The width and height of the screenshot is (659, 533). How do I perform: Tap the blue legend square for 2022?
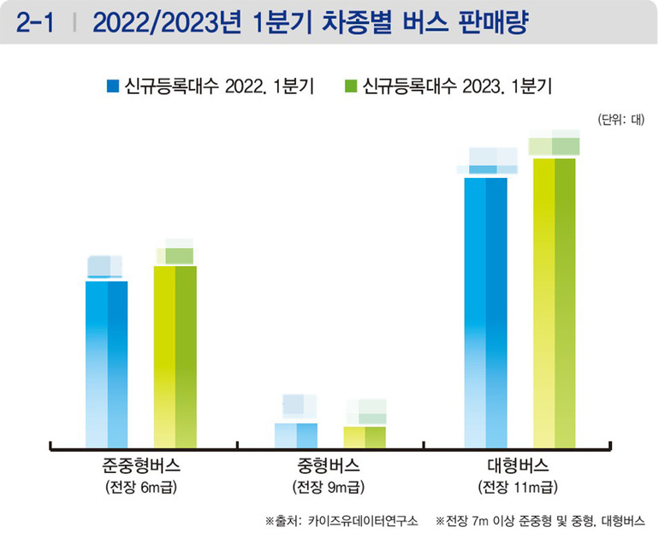coord(111,86)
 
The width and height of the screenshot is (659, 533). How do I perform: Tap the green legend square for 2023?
coord(349,86)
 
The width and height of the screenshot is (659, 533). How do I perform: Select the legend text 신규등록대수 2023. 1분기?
coord(457,86)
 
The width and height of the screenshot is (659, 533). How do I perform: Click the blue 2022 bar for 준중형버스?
coord(107,364)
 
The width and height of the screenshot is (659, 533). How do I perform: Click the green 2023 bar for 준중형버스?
coord(175,356)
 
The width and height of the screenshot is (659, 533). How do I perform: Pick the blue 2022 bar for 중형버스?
coord(296,435)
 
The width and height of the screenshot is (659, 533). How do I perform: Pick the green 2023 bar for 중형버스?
coord(365,436)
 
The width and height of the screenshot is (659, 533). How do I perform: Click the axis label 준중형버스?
coord(141,467)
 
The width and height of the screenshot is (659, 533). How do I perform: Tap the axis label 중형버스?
coord(329,467)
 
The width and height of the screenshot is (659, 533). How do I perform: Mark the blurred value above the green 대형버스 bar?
coord(554,144)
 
